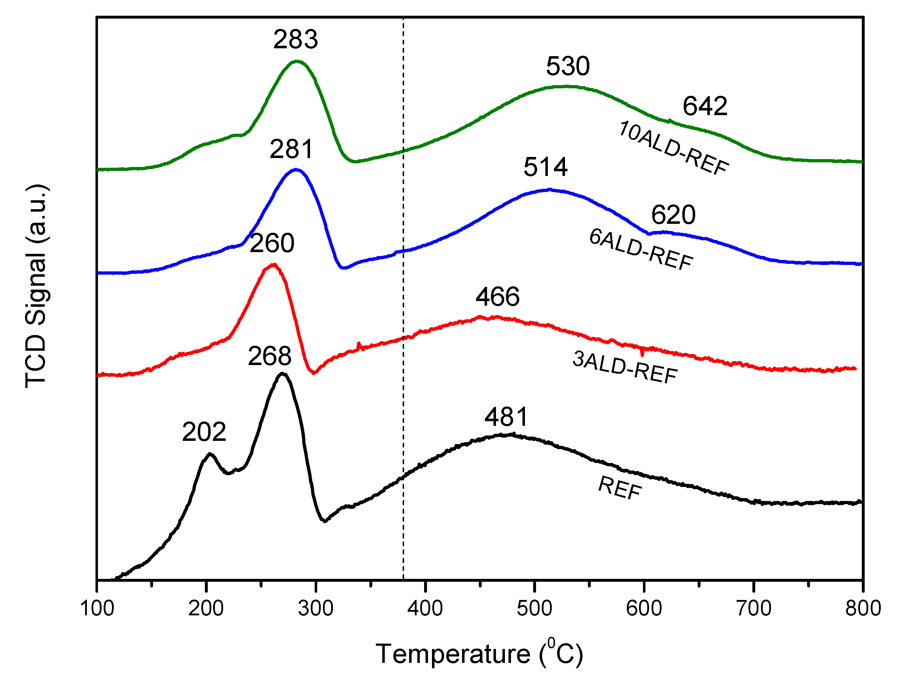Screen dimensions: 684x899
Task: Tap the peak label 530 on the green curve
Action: click(x=568, y=67)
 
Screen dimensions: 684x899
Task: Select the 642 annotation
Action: click(x=705, y=106)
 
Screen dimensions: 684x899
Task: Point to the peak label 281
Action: click(x=291, y=149)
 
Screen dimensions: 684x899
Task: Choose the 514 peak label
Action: click(x=545, y=167)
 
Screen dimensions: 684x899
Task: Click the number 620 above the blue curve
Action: click(x=673, y=215)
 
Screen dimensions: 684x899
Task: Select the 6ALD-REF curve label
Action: click(x=641, y=249)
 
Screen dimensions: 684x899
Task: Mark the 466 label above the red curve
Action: click(x=497, y=297)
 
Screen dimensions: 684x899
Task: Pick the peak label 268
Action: click(x=270, y=356)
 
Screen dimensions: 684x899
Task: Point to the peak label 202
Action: click(x=203, y=432)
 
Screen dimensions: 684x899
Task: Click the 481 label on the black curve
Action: click(x=506, y=417)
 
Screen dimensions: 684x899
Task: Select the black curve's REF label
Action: click(x=620, y=488)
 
